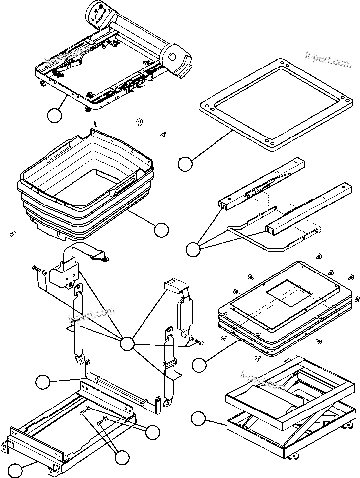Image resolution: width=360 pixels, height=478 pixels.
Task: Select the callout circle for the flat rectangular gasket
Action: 185,164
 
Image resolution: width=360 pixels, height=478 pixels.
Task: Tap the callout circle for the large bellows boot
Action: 161,229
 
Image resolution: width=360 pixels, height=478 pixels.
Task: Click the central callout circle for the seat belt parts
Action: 128,343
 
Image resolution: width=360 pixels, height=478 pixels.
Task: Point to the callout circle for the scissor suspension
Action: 199,418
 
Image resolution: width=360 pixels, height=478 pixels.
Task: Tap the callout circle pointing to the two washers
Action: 153,432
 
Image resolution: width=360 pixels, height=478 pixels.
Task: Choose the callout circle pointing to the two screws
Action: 121,457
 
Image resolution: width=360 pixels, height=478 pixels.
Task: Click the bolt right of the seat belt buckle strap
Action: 201,341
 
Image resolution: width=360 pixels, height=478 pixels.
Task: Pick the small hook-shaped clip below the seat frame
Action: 140,122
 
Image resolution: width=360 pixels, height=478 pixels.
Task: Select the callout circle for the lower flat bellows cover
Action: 199,365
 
